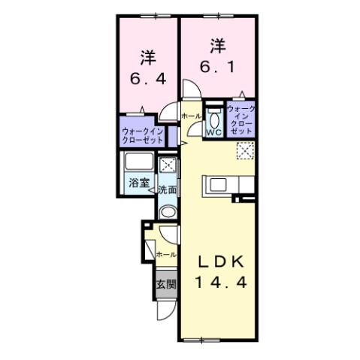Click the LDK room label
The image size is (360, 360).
point(220,262)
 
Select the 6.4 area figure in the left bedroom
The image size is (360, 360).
point(147,77)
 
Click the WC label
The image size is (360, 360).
point(213,132)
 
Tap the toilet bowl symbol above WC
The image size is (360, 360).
point(213,117)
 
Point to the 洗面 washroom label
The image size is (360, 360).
point(167,190)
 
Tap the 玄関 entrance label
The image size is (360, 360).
point(166,284)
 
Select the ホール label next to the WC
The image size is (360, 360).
point(192,116)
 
